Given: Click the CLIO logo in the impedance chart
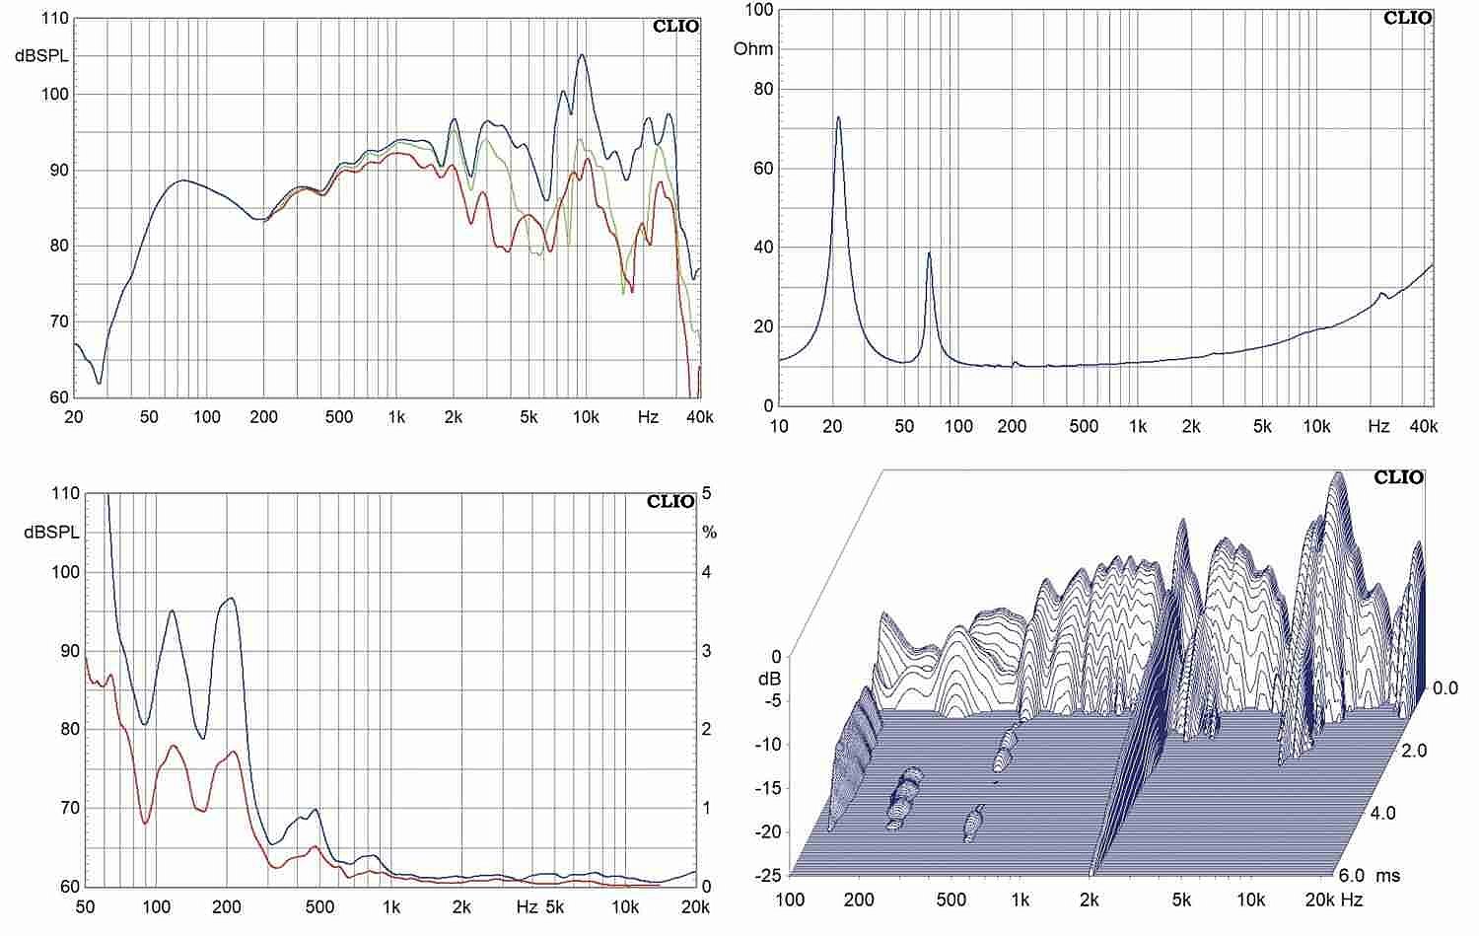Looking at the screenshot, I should (1407, 18).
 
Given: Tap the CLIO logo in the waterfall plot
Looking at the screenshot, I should (1399, 477).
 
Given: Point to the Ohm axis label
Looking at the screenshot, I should (753, 49).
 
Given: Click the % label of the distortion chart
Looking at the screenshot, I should (709, 533).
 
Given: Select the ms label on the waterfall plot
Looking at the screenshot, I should (1387, 876).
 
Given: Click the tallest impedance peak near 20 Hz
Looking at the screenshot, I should (838, 117).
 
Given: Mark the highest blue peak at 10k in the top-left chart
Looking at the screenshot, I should (582, 55).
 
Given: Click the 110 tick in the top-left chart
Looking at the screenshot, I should (57, 19).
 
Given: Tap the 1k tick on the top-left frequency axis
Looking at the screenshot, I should (395, 417).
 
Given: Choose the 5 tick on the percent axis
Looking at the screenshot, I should (706, 493).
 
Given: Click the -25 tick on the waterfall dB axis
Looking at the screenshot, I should (767, 876).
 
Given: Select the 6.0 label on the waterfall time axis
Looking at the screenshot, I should (1353, 876).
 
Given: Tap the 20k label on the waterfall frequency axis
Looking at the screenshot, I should (1319, 900).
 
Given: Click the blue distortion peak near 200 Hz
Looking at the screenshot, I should (231, 599).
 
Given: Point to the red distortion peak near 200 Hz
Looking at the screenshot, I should (233, 752).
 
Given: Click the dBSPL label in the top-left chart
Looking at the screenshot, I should (42, 56).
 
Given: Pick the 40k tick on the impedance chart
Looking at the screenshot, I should (1424, 427).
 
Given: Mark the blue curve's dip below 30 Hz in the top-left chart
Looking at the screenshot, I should (99, 383).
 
